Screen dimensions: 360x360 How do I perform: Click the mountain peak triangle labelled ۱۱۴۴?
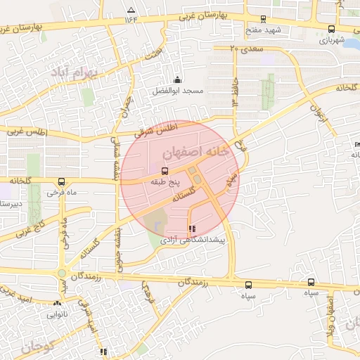pyautogui.click(x=131, y=10)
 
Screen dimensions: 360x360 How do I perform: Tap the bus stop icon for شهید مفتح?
pyautogui.click(x=264, y=20)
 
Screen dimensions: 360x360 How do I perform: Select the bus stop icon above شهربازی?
pyautogui.click(x=331, y=29)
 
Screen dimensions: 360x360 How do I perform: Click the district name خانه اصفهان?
pyautogui.click(x=191, y=152)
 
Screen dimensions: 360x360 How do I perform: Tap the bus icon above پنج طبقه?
pyautogui.click(x=165, y=171)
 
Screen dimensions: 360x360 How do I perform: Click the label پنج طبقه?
pyautogui.click(x=165, y=181)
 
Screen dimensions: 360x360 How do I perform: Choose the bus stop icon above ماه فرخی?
pyautogui.click(x=61, y=181)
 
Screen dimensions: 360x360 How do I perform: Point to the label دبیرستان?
pyautogui.click(x=11, y=204)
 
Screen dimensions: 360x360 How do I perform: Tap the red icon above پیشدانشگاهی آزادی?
pyautogui.click(x=193, y=228)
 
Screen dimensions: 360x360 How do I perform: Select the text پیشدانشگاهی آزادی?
pyautogui.click(x=193, y=240)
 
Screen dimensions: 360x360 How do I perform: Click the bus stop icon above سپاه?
pyautogui.click(x=248, y=285)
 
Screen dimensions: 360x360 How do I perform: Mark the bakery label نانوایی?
pyautogui.click(x=58, y=314)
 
